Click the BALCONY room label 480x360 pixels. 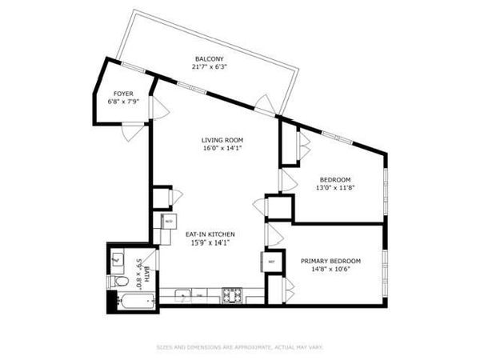coord(208,59)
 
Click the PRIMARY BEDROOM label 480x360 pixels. coord(330,261)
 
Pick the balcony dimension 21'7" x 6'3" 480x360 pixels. coord(208,68)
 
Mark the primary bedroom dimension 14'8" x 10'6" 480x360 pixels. coord(330,270)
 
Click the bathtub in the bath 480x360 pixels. coord(133,302)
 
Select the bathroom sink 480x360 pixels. coord(117,258)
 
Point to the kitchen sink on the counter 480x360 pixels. coord(182,295)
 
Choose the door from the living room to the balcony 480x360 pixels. coord(263,102)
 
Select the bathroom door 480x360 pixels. coord(155,260)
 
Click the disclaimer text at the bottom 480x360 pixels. coord(240,347)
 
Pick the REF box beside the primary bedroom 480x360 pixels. coord(271,262)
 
